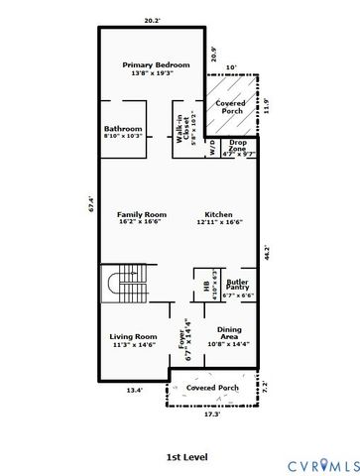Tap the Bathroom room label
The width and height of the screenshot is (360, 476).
(x=124, y=130)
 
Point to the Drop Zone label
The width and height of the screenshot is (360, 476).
(x=240, y=149)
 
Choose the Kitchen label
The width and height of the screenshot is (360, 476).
(x=219, y=215)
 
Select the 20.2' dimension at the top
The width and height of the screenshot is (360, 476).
(x=152, y=19)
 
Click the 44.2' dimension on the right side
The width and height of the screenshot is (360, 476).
(x=267, y=252)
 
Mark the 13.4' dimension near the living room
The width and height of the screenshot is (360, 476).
(x=135, y=390)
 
